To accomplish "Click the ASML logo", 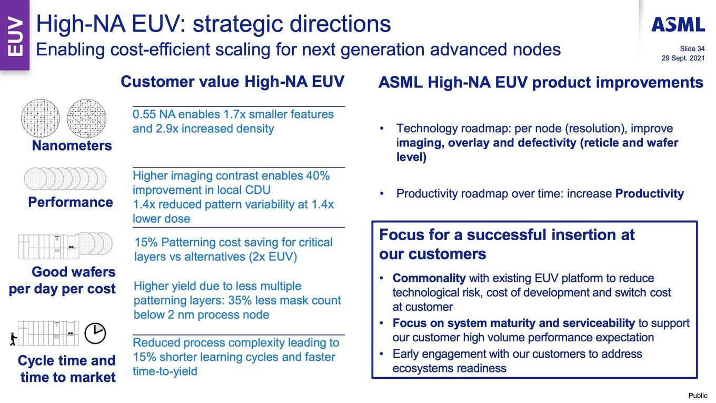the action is point(678,25).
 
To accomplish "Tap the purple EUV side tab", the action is point(15,35).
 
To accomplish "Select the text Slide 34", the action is point(692,48).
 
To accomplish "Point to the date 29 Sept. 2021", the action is point(683,58).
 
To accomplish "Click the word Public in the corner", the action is point(698,395).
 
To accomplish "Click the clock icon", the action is point(95,333).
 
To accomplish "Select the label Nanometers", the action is point(72,145).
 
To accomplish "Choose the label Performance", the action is point(71,202).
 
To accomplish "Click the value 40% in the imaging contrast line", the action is point(318,175).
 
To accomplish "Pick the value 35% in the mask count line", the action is point(240,300).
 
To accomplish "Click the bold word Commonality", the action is point(429,278).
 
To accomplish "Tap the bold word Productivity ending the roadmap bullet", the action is point(650,193).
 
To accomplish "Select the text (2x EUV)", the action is point(273,257).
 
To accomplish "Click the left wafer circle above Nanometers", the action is point(40,118).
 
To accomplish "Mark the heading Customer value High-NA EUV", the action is point(232,82).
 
